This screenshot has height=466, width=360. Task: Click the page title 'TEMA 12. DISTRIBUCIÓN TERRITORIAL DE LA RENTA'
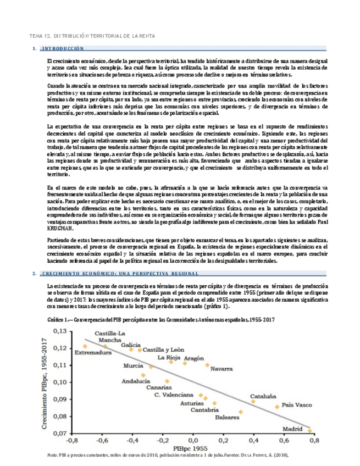tap(92, 36)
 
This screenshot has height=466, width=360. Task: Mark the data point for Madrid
tap(310, 431)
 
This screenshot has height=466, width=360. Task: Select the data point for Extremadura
tap(85, 346)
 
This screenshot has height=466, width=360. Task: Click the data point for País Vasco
tap(277, 407)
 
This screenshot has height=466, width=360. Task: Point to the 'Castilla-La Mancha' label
tap(109, 337)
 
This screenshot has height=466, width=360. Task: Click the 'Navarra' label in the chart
tap(221, 368)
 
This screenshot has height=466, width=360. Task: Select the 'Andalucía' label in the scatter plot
tap(136, 381)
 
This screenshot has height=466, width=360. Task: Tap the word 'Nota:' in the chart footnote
tap(53, 455)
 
